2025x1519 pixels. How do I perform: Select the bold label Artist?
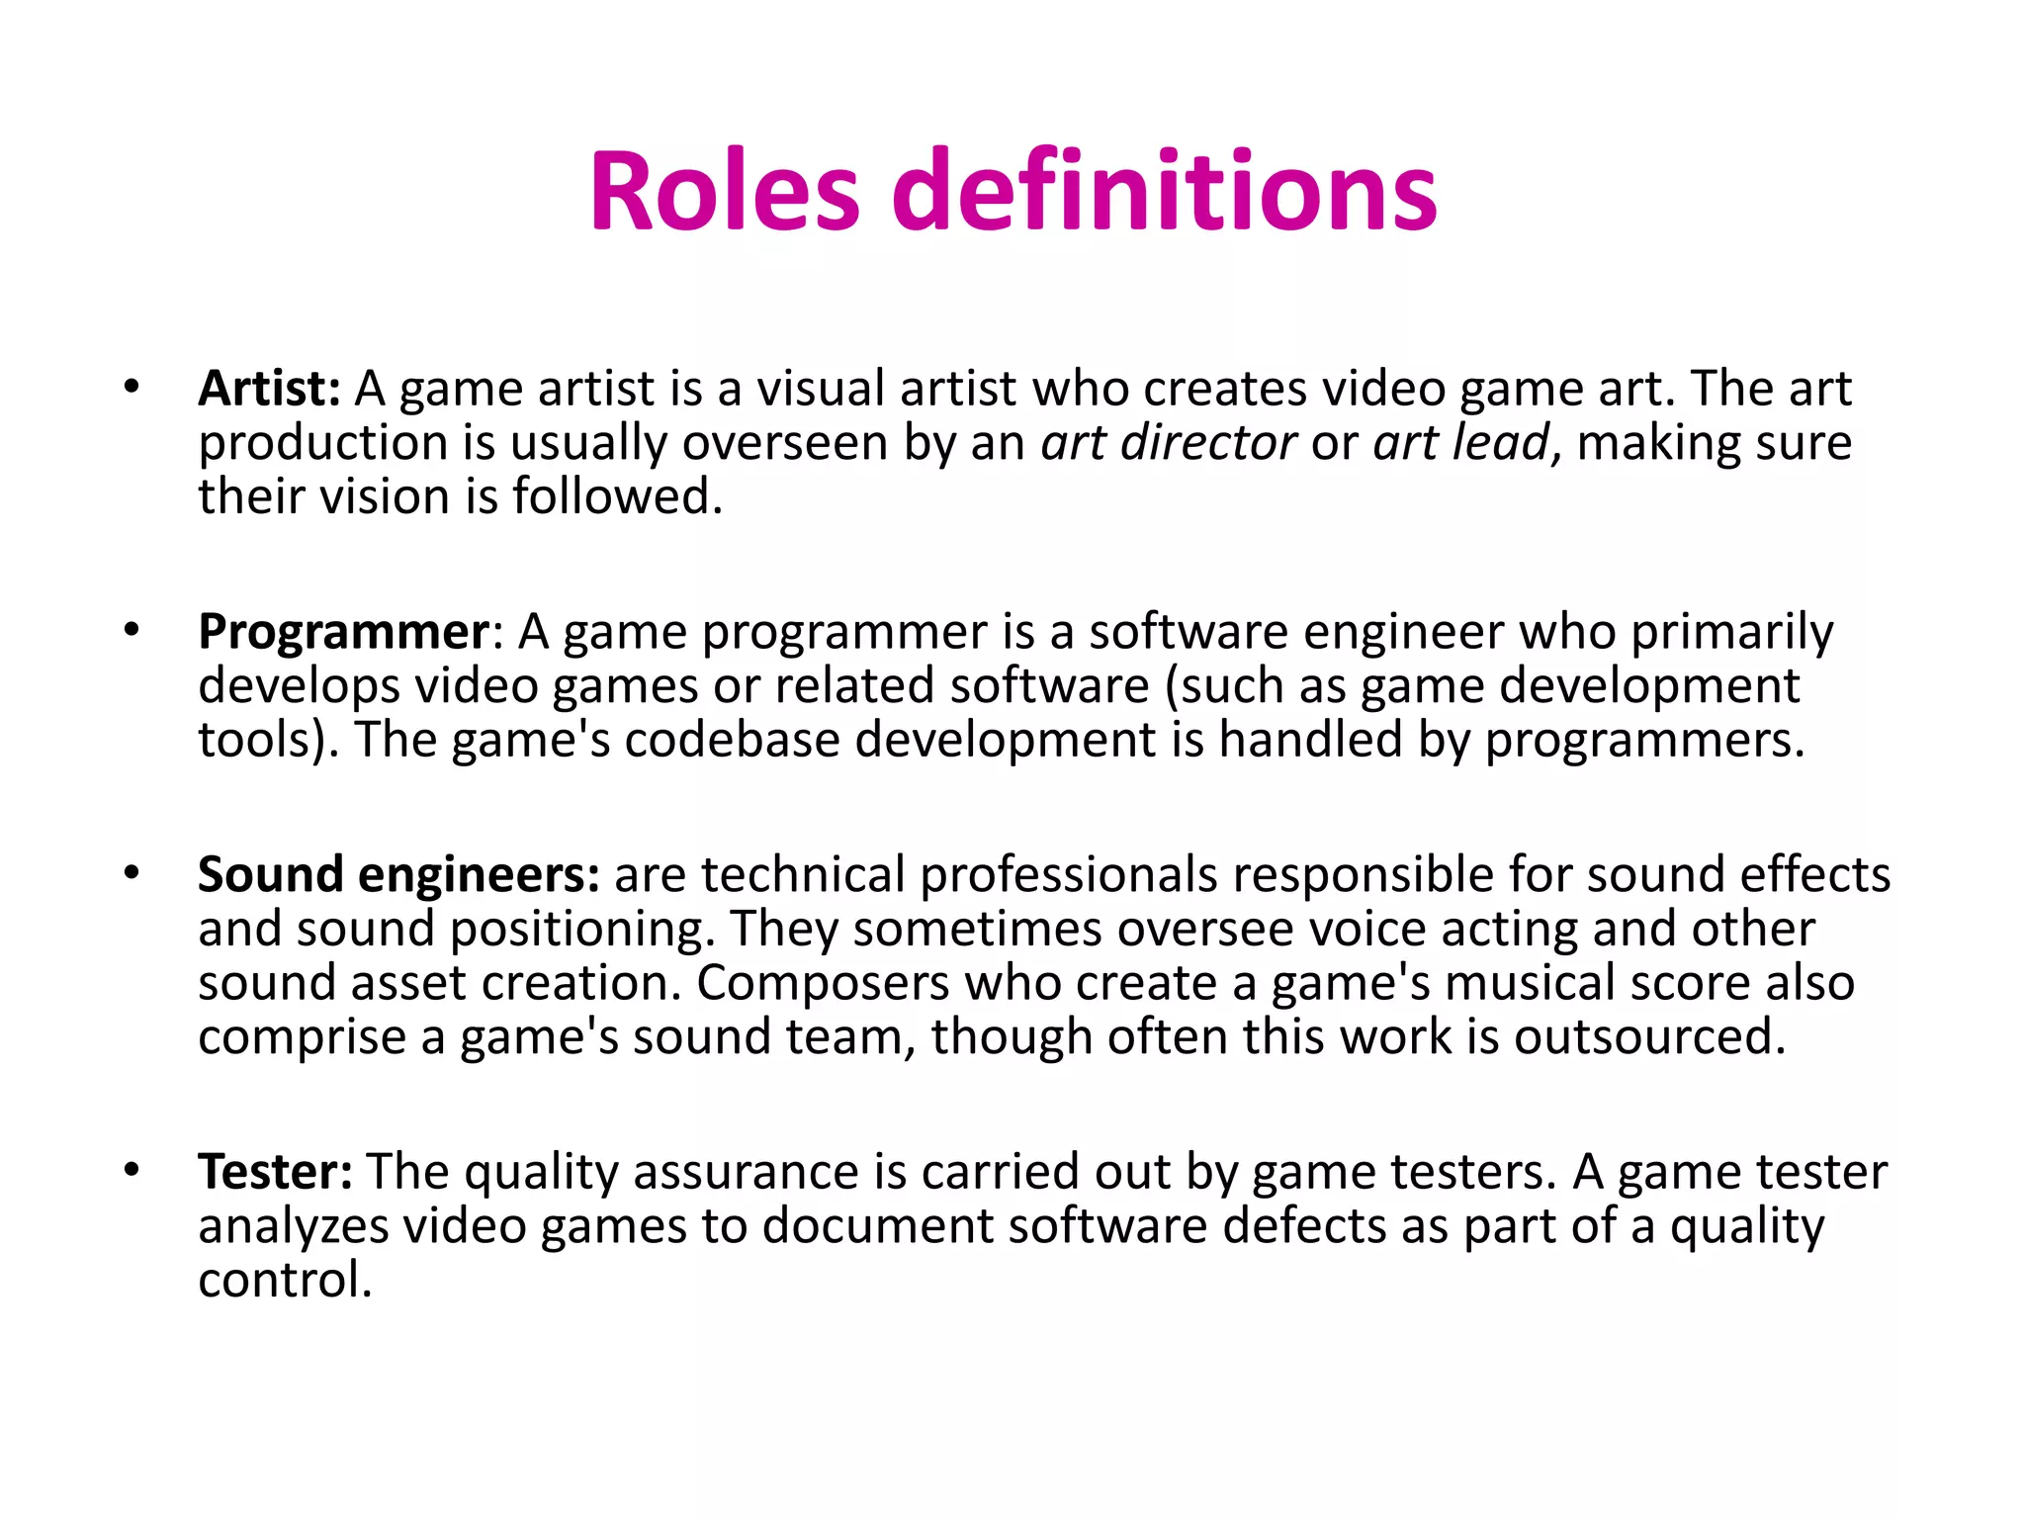(269, 389)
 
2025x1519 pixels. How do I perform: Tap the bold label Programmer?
(343, 631)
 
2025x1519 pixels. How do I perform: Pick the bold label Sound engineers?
(398, 874)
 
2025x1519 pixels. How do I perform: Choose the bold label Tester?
(275, 1172)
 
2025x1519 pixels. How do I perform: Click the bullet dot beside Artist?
(132, 387)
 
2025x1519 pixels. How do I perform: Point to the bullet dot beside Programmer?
(132, 630)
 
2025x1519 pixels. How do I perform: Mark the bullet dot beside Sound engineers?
(132, 873)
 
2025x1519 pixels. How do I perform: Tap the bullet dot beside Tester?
(132, 1171)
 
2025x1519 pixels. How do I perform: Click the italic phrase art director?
(1168, 442)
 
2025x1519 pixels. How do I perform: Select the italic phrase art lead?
(1460, 442)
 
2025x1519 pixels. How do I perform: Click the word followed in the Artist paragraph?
(617, 496)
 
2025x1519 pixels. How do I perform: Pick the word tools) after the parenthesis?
(268, 740)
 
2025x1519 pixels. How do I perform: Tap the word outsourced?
(1649, 1037)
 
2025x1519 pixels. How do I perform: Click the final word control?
(285, 1281)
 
